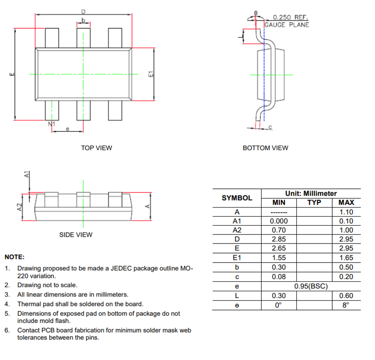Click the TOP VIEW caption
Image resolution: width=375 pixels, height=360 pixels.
(x=96, y=148)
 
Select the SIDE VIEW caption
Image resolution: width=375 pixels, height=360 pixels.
(x=76, y=235)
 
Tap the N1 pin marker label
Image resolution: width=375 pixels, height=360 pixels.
(x=51, y=124)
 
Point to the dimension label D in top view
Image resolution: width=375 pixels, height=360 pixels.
(x=83, y=11)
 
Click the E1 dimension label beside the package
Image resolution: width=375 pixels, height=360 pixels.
(x=150, y=75)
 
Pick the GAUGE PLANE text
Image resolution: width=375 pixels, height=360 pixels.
(x=287, y=25)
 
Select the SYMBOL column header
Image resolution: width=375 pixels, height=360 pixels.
(x=237, y=198)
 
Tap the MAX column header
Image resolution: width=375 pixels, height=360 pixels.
(x=346, y=203)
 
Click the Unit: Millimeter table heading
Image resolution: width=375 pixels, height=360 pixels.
(x=311, y=193)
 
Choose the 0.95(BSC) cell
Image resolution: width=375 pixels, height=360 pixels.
(x=311, y=286)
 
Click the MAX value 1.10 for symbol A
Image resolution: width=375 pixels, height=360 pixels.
(x=346, y=212)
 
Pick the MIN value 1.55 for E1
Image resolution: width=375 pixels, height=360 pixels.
(x=279, y=258)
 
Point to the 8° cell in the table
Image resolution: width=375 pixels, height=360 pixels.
(x=346, y=305)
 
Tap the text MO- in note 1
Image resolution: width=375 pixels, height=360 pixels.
(x=187, y=269)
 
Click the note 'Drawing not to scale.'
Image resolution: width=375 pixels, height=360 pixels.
(x=47, y=285)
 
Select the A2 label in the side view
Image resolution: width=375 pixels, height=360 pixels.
(x=20, y=207)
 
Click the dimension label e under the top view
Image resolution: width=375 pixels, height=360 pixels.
(x=67, y=129)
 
